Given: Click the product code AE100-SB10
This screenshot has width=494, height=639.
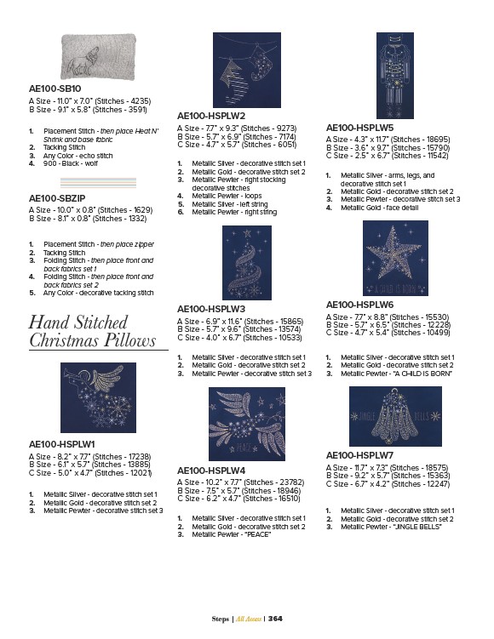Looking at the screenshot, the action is click(x=55, y=88).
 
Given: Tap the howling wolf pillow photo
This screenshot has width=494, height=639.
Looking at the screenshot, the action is click(x=98, y=56).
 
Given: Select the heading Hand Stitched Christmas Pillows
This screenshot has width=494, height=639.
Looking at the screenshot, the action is click(x=93, y=331).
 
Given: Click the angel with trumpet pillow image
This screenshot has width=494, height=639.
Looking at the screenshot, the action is click(x=98, y=397).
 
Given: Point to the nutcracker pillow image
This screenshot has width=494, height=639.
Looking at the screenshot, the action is click(x=395, y=76).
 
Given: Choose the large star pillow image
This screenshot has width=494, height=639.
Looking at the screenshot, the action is click(x=395, y=258).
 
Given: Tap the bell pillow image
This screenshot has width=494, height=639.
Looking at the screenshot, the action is click(x=395, y=416).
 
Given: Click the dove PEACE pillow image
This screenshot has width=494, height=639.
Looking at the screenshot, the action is click(x=247, y=424).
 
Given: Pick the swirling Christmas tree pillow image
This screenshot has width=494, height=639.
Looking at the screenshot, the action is click(x=247, y=262).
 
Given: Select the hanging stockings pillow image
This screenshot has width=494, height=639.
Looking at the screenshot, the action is click(x=247, y=70).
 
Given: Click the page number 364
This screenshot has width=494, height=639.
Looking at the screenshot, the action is click(x=275, y=619).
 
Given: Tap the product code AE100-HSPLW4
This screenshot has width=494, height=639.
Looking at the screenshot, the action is click(x=211, y=471).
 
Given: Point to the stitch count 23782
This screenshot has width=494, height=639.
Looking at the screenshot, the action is click(x=292, y=482).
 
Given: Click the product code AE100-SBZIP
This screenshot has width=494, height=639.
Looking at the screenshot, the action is click(x=57, y=198).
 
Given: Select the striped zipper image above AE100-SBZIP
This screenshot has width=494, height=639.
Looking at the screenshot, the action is click(x=98, y=183).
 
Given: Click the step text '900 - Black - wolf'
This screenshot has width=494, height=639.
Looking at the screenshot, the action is click(x=71, y=163).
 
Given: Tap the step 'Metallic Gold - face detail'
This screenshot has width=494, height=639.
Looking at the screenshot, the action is click(x=380, y=208).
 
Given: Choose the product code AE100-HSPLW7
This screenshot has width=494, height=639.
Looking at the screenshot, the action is click(x=359, y=455).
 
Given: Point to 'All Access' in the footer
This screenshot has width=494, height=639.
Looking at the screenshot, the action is click(x=249, y=619).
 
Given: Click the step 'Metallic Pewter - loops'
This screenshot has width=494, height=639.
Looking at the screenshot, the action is click(x=227, y=196).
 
